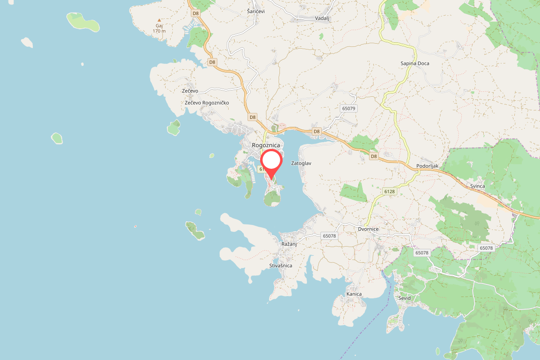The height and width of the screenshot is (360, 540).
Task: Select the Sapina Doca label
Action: [414, 63]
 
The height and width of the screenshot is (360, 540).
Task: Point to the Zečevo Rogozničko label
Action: [207, 103]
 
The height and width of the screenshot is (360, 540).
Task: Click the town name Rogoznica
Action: [266, 145]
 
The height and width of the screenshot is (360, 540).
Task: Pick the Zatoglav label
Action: [301, 163]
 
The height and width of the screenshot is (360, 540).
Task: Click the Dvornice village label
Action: [368, 229]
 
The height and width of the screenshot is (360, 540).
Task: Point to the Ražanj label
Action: [289, 244]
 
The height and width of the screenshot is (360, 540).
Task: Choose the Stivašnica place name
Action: [280, 265]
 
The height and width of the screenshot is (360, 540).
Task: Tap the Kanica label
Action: [354, 294]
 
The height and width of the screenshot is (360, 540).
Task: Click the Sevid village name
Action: [405, 298]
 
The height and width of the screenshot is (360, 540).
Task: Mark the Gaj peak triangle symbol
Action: [158, 20]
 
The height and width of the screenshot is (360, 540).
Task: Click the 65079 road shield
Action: [349, 108]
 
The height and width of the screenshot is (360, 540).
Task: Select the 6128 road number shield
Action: [389, 192]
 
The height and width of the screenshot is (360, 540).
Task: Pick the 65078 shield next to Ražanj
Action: [329, 236]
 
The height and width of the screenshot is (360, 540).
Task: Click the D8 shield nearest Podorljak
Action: [373, 156]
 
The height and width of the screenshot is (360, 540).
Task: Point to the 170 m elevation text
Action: [159, 31]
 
